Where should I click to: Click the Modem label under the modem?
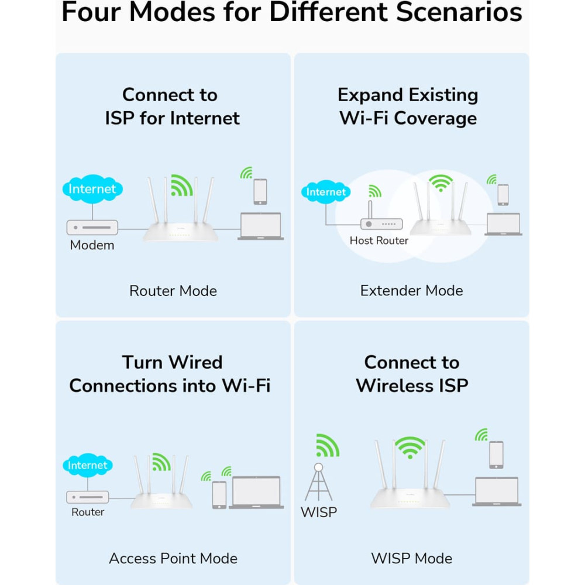click(x=92, y=245)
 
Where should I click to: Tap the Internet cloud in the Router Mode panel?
click(x=92, y=189)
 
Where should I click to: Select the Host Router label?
click(x=378, y=240)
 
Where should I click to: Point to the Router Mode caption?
click(x=173, y=291)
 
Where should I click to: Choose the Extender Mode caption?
click(x=411, y=290)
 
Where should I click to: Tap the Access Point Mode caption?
click(x=173, y=558)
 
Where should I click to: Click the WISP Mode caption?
click(x=411, y=558)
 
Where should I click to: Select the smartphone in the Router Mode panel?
click(x=260, y=192)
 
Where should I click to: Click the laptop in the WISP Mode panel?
click(x=497, y=491)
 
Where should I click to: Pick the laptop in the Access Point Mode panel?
click(x=256, y=492)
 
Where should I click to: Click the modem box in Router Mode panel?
click(x=92, y=227)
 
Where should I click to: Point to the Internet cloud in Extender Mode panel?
click(x=326, y=192)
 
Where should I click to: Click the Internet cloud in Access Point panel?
click(x=88, y=465)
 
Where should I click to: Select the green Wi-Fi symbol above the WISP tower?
click(x=327, y=445)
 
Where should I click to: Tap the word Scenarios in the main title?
click(x=459, y=12)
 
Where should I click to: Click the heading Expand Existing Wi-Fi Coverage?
click(x=408, y=106)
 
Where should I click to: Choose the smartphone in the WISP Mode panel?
click(x=496, y=455)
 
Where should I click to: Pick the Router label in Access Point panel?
click(x=88, y=512)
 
